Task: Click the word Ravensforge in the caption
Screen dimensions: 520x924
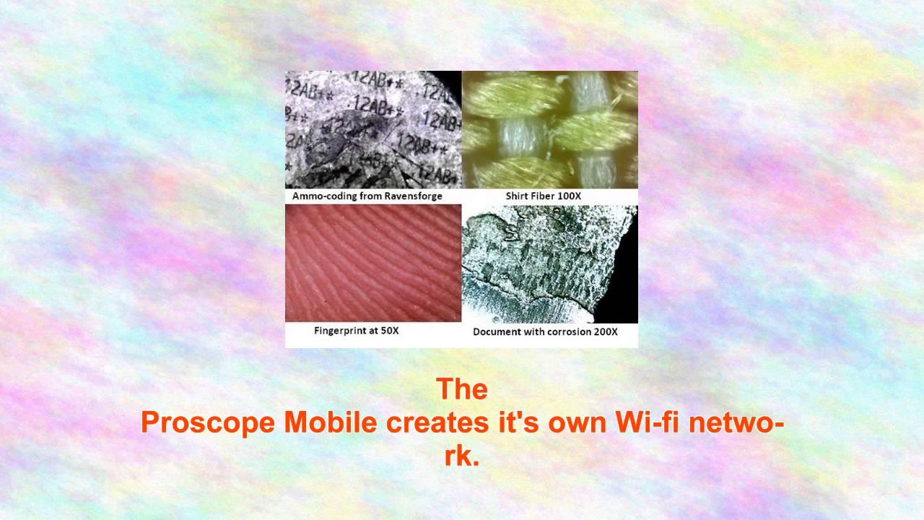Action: (413, 196)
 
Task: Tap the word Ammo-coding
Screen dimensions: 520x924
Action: (323, 196)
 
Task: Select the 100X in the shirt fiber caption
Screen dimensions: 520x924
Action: (569, 196)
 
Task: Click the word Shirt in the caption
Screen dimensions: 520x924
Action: (518, 196)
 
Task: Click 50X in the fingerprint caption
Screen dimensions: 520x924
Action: (390, 331)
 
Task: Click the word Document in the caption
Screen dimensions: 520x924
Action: (495, 332)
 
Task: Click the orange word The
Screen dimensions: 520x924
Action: (462, 390)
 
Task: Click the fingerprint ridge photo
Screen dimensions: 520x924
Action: (373, 263)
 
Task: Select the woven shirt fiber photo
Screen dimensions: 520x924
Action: (550, 129)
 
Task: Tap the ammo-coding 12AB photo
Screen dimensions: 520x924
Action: (373, 129)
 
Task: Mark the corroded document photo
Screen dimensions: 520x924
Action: (550, 264)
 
